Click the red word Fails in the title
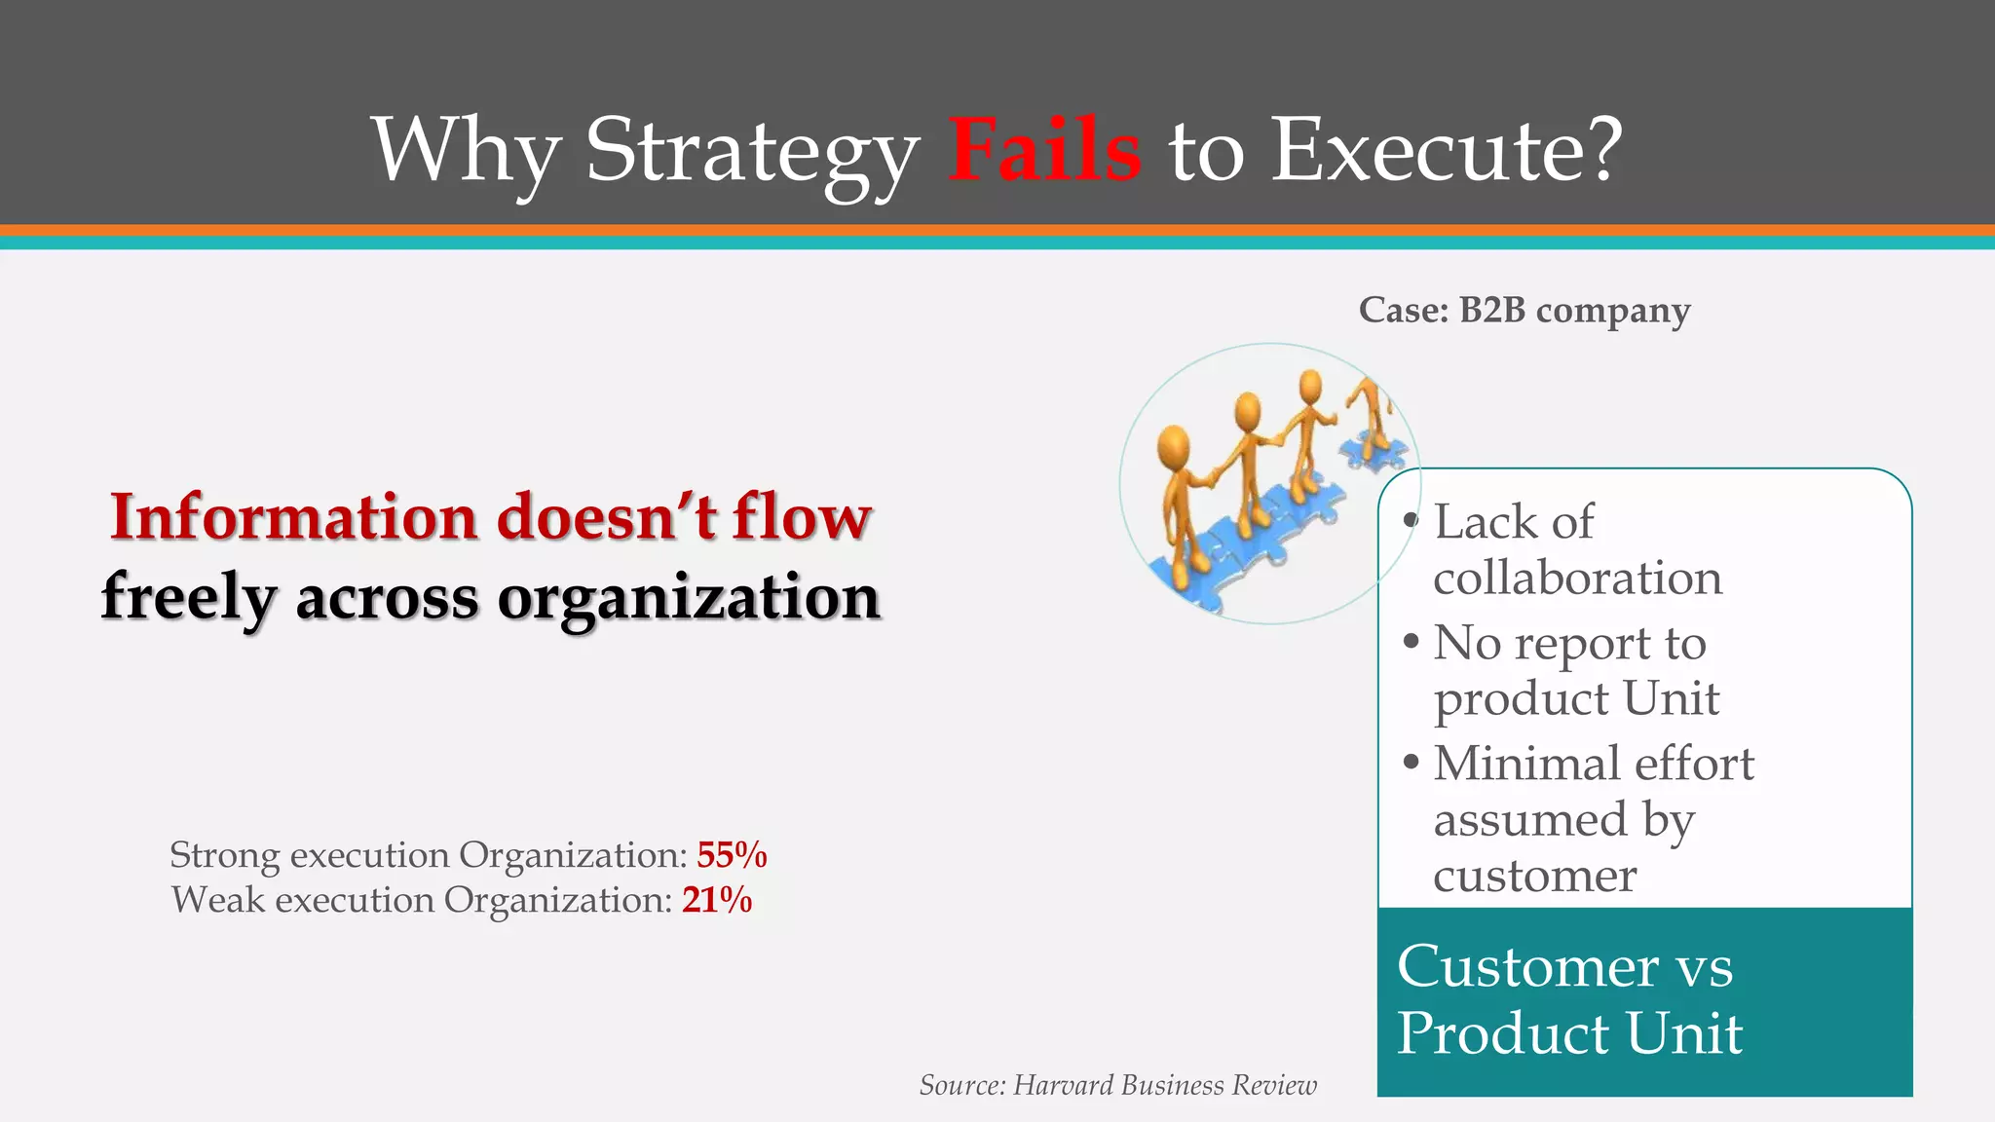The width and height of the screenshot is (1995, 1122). (x=1044, y=151)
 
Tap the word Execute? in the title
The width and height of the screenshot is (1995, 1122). (x=1448, y=151)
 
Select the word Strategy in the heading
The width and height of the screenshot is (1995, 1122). (x=751, y=151)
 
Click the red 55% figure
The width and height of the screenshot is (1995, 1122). (x=732, y=855)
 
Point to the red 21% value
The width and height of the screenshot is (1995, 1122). (x=717, y=900)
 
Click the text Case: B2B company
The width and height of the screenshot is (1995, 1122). (x=1524, y=311)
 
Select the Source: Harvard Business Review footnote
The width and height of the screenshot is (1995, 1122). (x=1117, y=1085)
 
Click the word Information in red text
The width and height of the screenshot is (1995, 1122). (x=292, y=517)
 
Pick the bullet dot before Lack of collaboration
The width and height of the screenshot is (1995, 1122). (x=1411, y=521)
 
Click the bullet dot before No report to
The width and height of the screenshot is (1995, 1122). (x=1411, y=642)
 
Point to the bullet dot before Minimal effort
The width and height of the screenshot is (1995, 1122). (x=1411, y=762)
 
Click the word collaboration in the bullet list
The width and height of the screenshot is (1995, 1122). (x=1577, y=579)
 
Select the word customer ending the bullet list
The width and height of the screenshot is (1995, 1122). (x=1534, y=876)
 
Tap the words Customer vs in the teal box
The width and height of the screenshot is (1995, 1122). (x=1564, y=967)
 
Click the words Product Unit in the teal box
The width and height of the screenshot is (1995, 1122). (x=1569, y=1033)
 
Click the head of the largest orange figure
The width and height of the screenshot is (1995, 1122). (x=1174, y=446)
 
